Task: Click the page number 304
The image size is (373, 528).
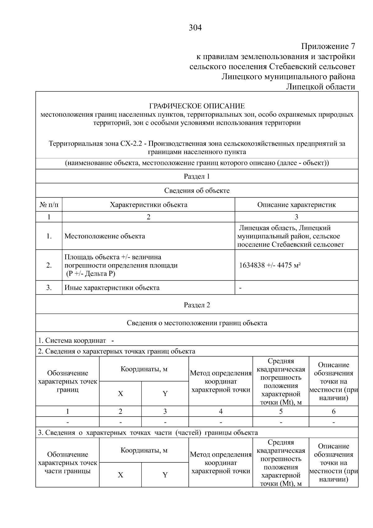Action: (195, 28)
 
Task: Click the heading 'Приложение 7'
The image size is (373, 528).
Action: (328, 47)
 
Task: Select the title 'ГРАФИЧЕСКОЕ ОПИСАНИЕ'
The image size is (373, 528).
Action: (197, 106)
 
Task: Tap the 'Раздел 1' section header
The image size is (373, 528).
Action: (197, 176)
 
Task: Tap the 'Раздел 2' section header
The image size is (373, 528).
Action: (197, 305)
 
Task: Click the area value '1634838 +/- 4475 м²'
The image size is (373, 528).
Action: (270, 265)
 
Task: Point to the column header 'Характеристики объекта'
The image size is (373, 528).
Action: (149, 205)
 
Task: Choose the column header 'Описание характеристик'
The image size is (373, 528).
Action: (296, 205)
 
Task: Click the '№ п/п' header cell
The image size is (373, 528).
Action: (49, 205)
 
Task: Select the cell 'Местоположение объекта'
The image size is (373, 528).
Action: (105, 236)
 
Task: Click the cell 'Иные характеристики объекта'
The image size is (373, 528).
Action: (112, 288)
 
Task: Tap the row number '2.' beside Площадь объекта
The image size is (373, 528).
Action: (49, 265)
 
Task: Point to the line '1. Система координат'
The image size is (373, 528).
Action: (72, 341)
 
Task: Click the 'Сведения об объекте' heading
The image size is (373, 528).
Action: (197, 191)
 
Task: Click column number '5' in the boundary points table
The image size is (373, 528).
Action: (281, 412)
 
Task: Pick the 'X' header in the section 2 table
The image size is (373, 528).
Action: (120, 394)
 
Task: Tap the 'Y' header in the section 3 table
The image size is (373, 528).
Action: (165, 475)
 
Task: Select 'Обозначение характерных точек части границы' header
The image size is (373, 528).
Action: (67, 463)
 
